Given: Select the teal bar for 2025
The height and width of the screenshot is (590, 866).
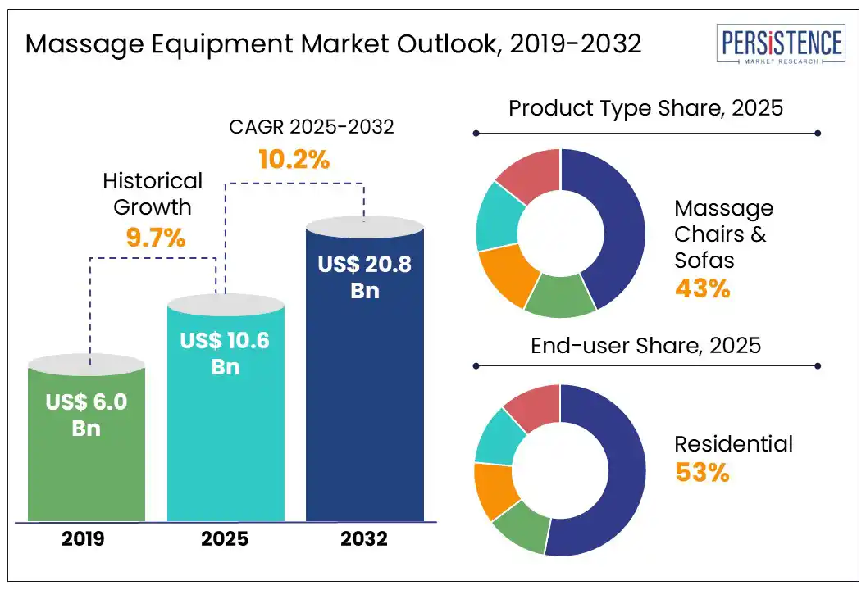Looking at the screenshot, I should [226, 459].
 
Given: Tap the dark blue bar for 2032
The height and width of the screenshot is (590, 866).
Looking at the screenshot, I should [365, 410].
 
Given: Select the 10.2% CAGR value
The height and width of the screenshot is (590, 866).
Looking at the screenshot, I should [294, 159].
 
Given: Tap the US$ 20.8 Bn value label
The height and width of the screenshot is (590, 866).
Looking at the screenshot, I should [365, 276].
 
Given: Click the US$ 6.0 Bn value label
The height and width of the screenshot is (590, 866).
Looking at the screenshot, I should [86, 414].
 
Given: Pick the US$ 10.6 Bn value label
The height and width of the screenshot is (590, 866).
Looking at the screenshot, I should [226, 352].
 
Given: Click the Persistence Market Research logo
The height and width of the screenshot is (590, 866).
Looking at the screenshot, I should [780, 46].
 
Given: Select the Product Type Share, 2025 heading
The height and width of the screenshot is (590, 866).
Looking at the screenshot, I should [646, 108].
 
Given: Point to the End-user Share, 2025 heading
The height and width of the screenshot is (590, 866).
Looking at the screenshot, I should [646, 345].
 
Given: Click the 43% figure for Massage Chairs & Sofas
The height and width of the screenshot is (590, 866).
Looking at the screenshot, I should [702, 288].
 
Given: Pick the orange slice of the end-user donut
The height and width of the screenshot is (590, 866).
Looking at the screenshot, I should [496, 490].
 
